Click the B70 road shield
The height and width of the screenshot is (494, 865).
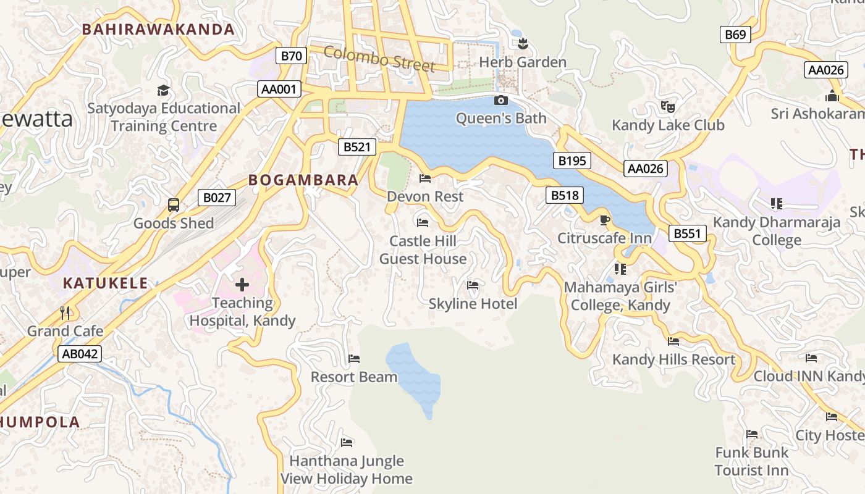click(291, 56)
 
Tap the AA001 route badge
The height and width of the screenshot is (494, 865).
click(279, 89)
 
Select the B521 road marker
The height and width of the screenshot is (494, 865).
click(357, 146)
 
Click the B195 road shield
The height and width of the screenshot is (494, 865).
click(572, 161)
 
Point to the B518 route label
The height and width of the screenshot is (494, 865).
click(565, 196)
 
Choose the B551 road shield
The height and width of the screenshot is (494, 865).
click(687, 233)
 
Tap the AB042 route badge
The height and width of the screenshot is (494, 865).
click(79, 354)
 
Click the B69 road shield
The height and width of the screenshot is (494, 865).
click(735, 35)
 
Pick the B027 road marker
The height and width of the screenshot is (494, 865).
click(217, 198)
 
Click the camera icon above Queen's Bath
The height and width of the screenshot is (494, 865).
click(500, 100)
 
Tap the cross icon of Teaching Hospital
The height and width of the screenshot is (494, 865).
click(242, 285)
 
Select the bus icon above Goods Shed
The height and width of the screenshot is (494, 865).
click(174, 205)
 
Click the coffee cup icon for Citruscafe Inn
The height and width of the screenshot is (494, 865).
click(604, 220)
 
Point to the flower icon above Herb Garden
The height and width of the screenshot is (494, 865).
click(523, 43)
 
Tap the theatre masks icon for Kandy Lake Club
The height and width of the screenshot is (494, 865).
click(667, 107)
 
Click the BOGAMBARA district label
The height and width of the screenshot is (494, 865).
click(303, 180)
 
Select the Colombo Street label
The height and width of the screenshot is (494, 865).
click(379, 59)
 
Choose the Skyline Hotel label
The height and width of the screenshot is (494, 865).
click(473, 303)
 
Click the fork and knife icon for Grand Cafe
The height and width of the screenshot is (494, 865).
click(65, 312)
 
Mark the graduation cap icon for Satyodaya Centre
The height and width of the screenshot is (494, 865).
click(163, 90)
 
